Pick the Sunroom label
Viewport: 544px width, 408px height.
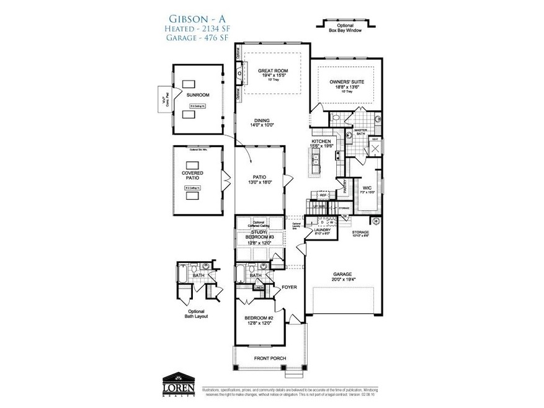pos(198,95)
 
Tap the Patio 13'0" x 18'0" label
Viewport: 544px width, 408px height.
pos(259,179)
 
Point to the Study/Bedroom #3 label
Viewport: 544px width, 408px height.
pos(259,236)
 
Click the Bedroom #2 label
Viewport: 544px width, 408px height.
pos(259,318)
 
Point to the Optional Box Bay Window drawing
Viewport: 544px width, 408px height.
pos(346,25)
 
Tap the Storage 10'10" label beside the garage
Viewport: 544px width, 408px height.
pos(363,233)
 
